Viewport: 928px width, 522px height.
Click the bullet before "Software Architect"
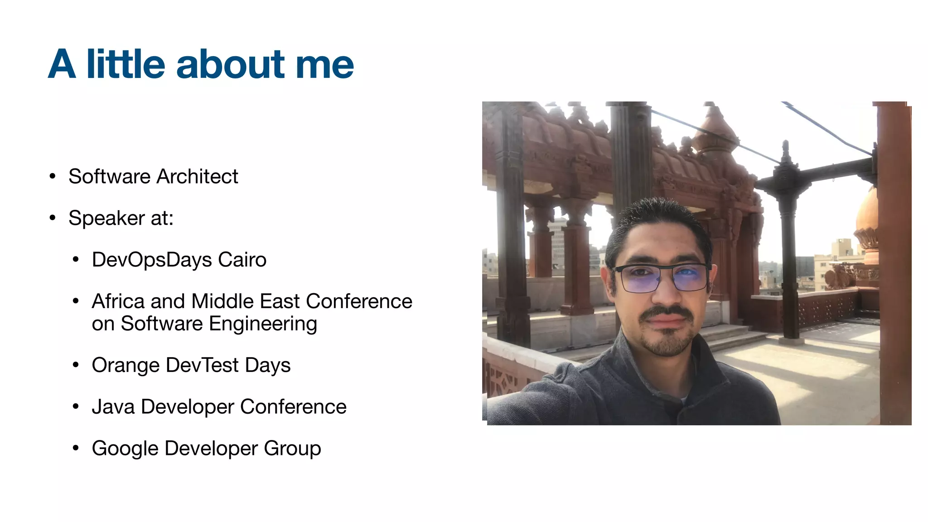click(x=53, y=176)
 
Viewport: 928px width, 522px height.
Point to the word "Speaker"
click(x=107, y=218)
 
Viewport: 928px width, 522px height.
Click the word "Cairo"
click(x=242, y=260)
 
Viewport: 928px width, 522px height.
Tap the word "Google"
click(x=125, y=449)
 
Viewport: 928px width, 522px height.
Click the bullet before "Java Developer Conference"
click(x=76, y=407)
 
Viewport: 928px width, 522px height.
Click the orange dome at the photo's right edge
click(x=868, y=217)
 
